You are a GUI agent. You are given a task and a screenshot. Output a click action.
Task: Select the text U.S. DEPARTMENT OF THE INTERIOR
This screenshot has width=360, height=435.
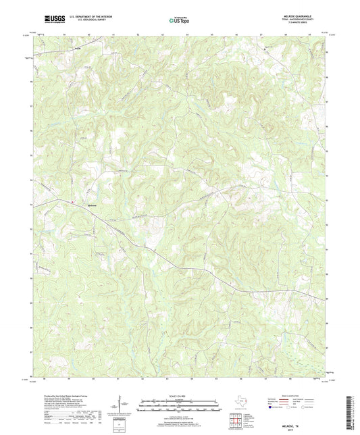88,17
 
